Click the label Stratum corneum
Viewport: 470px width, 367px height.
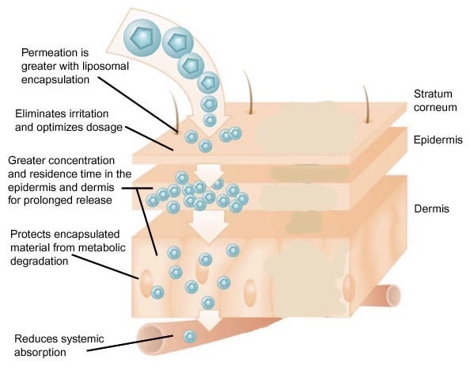pyautogui.click(x=435, y=101)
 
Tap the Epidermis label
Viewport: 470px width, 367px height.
pyautogui.click(x=438, y=140)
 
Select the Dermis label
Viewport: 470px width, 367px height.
pyautogui.click(x=432, y=208)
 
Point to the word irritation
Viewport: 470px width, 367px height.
pyautogui.click(x=89, y=114)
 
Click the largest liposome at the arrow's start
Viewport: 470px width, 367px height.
pyautogui.click(x=142, y=38)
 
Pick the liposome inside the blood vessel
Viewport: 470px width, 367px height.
pyautogui.click(x=190, y=336)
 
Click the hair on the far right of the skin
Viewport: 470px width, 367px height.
pyautogui.click(x=366, y=104)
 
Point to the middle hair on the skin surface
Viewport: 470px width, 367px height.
pyautogui.click(x=248, y=92)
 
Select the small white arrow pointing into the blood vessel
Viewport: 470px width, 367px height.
pyautogui.click(x=209, y=320)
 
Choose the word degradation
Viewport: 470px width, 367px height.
pyautogui.click(x=40, y=262)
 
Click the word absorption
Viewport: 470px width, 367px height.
pyautogui.click(x=40, y=352)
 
